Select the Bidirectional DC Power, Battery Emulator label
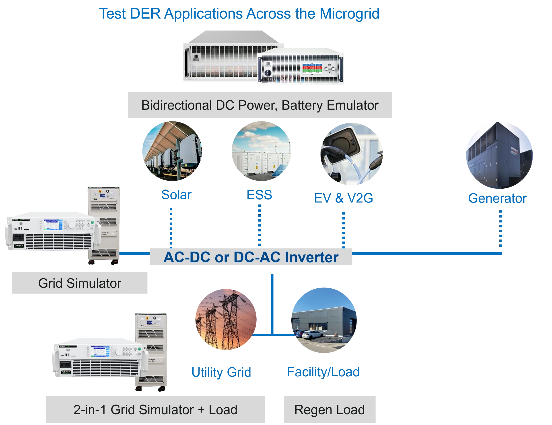[x=259, y=105]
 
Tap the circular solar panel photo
[x=172, y=151]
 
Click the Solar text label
[x=176, y=195]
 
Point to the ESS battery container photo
[x=261, y=151]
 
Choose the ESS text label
[x=260, y=195]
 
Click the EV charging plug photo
[x=352, y=154]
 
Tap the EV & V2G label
[x=343, y=198]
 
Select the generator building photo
[x=499, y=155]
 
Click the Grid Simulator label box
[x=79, y=283]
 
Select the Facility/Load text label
[x=323, y=372]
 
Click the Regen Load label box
[x=330, y=410]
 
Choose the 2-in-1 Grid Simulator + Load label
[x=156, y=410]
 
